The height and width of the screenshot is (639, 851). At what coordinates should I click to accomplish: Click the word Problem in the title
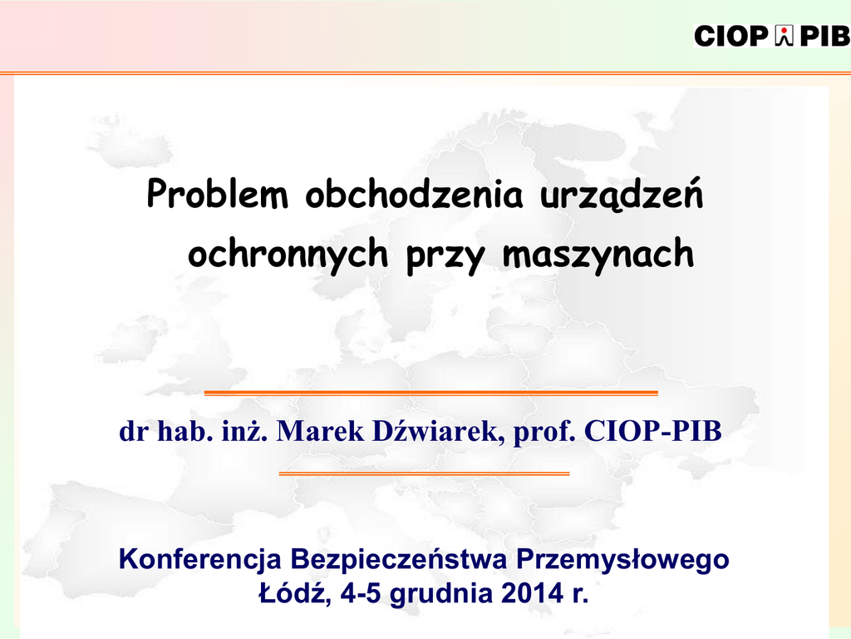pos(217,194)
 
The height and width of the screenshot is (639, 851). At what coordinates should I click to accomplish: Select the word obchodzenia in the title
pos(414,193)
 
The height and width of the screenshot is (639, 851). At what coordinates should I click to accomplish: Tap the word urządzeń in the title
pos(622,195)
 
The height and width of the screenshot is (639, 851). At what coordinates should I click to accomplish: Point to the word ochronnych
pos(288,253)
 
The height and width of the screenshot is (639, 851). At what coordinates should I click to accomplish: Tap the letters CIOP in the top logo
pos(731,37)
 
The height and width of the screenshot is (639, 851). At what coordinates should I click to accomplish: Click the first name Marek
pos(321,431)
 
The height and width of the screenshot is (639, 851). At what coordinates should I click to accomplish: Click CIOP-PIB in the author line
pos(653,431)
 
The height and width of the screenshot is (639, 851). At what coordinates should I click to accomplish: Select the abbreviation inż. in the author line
pos(245,431)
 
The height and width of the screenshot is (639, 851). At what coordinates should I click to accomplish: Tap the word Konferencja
pos(199,560)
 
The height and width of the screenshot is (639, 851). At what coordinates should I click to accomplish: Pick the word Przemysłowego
pos(622,560)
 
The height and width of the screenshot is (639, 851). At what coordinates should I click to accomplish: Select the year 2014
pos(533,593)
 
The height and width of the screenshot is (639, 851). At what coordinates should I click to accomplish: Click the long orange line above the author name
pos(431,393)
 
